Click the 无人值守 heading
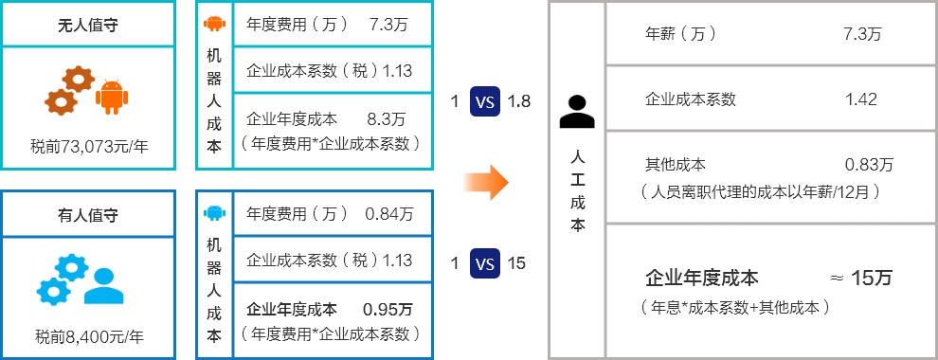[87, 25]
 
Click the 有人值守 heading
[87, 215]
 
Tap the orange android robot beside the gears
[112, 96]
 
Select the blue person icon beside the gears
[104, 286]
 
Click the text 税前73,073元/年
[89, 146]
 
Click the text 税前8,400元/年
[89, 335]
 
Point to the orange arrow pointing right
[489, 182]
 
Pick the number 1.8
[519, 101]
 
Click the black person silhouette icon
[576, 112]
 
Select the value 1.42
[860, 99]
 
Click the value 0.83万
[868, 164]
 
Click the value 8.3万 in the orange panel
[386, 119]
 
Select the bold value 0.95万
[388, 309]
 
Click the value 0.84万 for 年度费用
[389, 214]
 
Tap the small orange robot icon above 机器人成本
[214, 25]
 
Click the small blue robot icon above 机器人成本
[214, 212]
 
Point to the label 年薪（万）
[680, 33]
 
